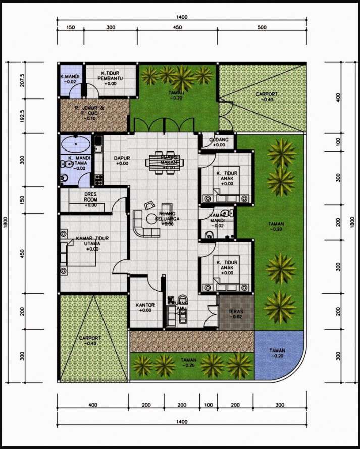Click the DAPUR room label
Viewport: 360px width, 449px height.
tap(122, 161)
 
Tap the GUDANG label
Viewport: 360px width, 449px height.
tap(219, 140)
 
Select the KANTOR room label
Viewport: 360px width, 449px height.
tap(145, 308)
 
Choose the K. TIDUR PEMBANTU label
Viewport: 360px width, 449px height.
tap(110, 78)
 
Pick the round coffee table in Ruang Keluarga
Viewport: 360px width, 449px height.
tap(151, 219)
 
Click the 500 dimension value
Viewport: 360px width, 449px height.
tap(262, 28)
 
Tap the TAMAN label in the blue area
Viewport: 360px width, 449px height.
tap(277, 353)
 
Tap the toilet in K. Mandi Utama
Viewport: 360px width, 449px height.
tap(64, 178)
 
